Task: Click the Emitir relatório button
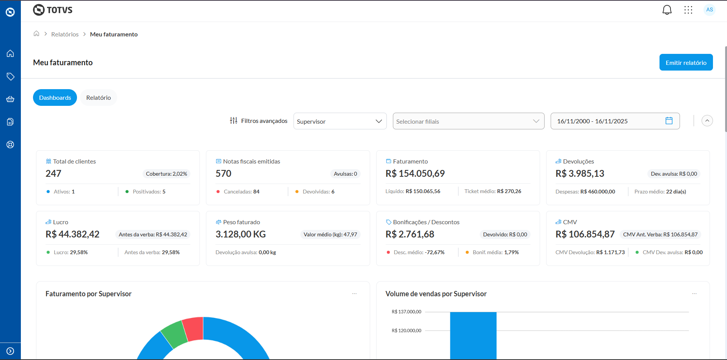686,63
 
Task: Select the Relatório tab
98,98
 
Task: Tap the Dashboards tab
55,98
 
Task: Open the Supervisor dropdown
340,121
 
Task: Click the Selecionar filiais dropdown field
468,121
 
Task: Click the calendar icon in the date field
669,121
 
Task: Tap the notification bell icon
667,10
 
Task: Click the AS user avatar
709,10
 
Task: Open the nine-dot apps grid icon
688,10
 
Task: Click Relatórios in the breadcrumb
65,35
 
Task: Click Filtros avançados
259,121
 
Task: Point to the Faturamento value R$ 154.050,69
415,174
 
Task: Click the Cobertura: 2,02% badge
166,174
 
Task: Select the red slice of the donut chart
193,329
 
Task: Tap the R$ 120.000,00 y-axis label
406,331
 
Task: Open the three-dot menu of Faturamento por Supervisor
354,294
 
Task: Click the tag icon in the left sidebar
10,77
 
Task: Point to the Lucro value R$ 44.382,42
72,234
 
